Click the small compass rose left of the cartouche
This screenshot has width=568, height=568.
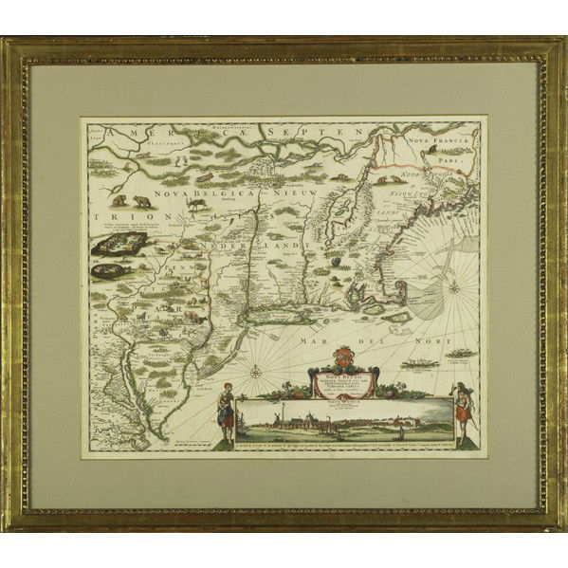(257, 371)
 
